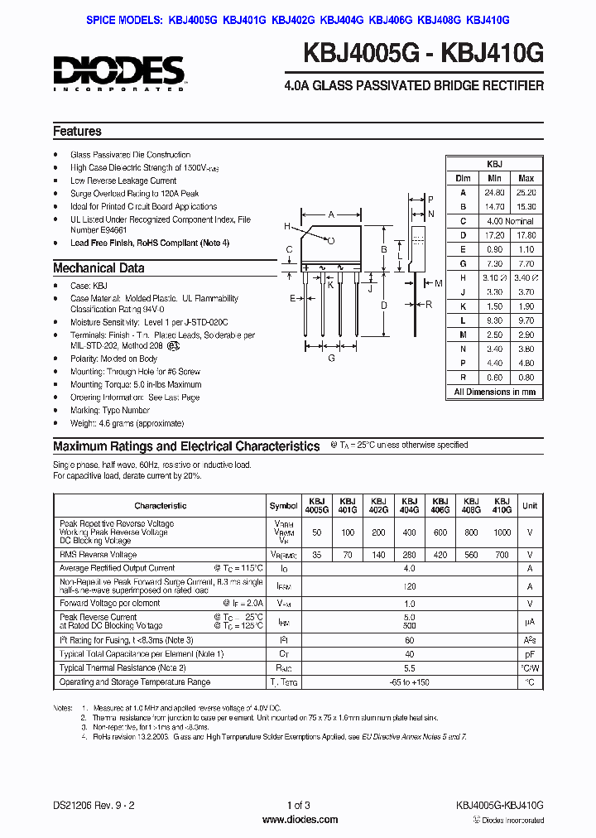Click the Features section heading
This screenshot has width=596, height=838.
[77, 132]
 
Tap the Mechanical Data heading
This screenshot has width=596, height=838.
[99, 268]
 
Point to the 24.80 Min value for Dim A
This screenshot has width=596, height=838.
[495, 192]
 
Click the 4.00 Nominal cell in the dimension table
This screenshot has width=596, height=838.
[510, 221]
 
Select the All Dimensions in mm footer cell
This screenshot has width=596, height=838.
[495, 392]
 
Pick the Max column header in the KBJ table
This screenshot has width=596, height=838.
[526, 178]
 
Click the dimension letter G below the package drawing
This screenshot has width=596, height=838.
[331, 358]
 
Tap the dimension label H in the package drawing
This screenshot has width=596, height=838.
[287, 226]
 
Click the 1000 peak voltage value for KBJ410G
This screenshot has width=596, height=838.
[502, 533]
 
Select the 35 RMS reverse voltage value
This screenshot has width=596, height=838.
[317, 554]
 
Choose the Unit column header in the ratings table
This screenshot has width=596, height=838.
[530, 506]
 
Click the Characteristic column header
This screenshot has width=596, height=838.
[161, 506]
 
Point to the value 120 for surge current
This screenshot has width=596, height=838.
[408, 585]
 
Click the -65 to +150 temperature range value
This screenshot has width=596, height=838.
[408, 682]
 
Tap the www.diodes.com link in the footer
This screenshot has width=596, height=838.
[298, 820]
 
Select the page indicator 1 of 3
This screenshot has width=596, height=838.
[298, 806]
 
